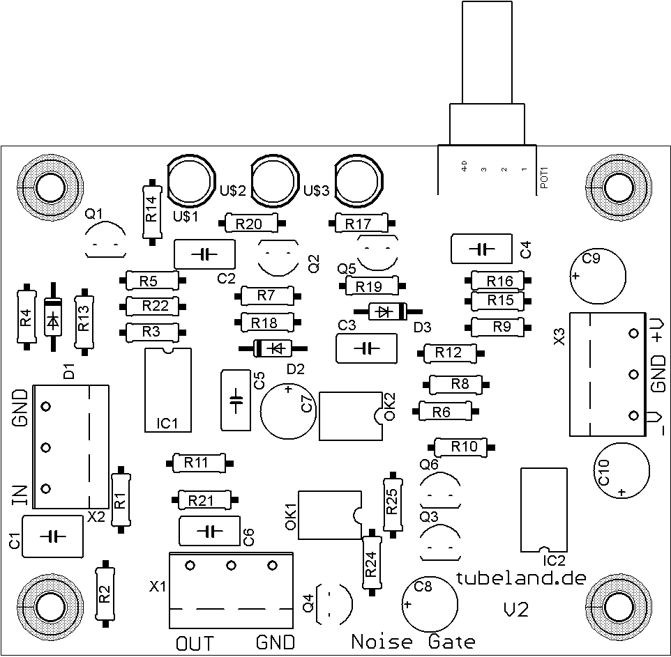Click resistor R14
152,212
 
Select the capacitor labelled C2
204,254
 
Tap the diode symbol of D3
384,311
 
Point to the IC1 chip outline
167,390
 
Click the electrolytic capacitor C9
598,276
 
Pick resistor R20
251,223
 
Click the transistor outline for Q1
106,240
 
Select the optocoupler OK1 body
330,515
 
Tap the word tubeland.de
521,578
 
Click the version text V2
516,610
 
